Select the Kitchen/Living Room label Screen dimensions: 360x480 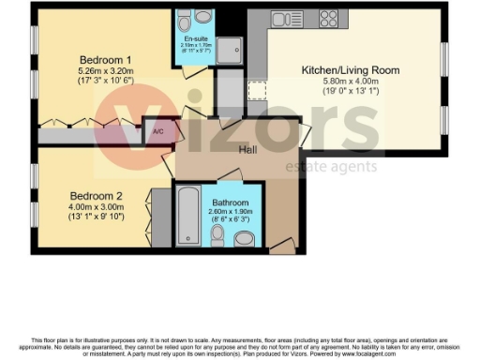point(350,70)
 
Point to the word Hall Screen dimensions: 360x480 point(248,150)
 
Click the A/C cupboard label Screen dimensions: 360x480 point(157,132)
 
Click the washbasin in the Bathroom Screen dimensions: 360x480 point(244,239)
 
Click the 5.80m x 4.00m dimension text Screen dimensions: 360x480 point(350,82)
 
